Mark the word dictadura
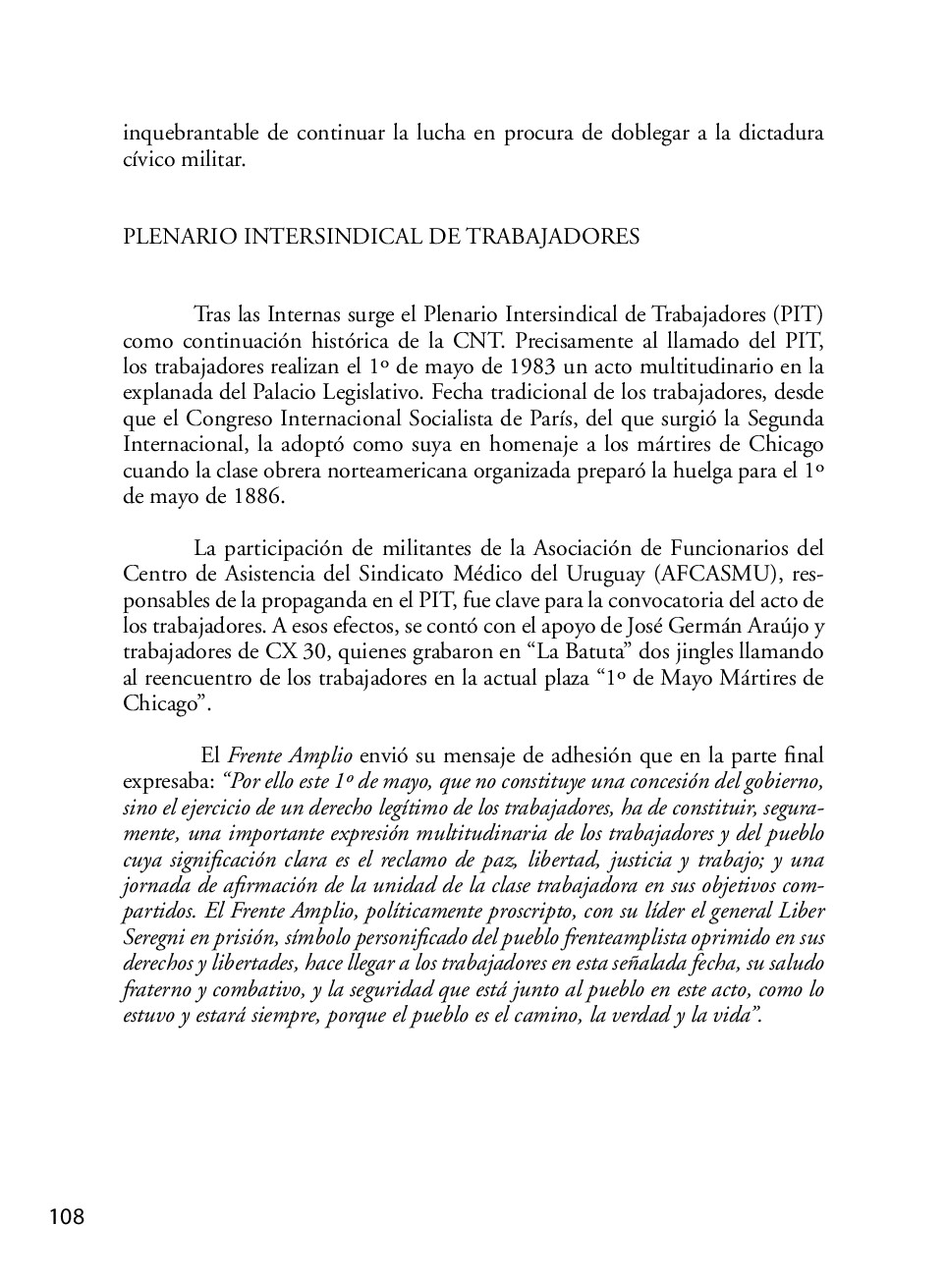[x=778, y=133]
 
